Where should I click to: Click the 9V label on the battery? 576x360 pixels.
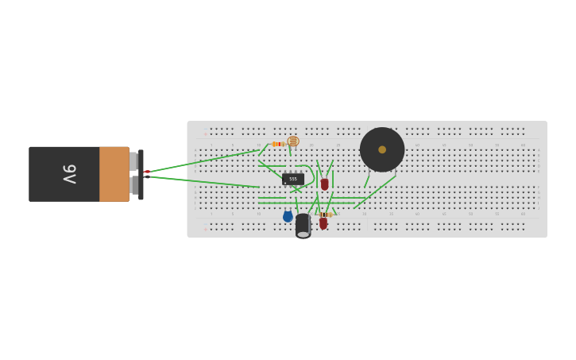[x=70, y=174]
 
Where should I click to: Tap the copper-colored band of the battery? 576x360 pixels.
[x=114, y=174]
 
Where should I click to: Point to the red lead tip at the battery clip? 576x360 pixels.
[x=147, y=172]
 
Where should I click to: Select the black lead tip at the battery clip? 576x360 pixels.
[x=148, y=177]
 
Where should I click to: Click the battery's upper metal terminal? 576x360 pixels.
[x=133, y=161]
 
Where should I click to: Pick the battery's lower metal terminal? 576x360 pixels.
[x=133, y=186]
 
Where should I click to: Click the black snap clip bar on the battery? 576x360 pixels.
[x=141, y=174]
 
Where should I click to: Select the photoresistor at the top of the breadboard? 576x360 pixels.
[x=293, y=141]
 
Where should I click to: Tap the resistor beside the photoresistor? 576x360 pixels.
[x=278, y=144]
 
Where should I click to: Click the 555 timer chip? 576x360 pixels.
[x=292, y=179]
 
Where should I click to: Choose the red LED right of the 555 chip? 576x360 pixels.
[x=324, y=184]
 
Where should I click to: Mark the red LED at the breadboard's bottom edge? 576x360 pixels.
[x=323, y=224]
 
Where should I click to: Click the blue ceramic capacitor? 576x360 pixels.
[x=288, y=216]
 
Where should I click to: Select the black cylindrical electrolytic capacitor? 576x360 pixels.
[x=303, y=226]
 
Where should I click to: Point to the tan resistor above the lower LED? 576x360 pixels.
[x=324, y=215]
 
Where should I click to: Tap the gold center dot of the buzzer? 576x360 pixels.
[x=382, y=149]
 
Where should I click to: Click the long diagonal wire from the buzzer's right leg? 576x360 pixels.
[x=375, y=193]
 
